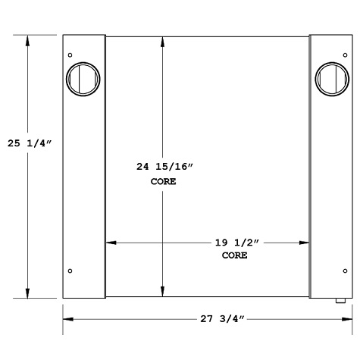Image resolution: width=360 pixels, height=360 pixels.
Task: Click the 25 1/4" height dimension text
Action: coord(29,142)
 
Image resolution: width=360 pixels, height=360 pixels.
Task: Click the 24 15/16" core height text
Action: coord(163,167)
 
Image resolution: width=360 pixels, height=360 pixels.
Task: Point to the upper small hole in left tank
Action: coord(70,55)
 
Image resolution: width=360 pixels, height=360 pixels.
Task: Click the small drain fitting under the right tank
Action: coord(340,301)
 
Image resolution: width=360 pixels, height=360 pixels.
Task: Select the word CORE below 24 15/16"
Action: coord(163,181)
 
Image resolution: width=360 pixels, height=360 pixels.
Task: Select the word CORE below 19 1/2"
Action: coord(234,255)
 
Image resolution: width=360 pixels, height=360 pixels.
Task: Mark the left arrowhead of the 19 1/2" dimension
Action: coord(110,243)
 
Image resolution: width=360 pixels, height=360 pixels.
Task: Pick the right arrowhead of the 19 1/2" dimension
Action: coord(305,243)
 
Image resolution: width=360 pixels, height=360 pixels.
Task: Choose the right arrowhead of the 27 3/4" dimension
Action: coord(348,319)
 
